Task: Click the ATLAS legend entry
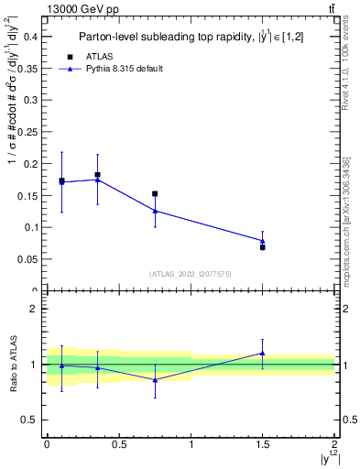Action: (x=99, y=56)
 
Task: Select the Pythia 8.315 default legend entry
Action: (x=123, y=69)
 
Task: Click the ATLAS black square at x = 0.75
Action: (x=155, y=194)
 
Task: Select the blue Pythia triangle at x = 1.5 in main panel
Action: (x=263, y=241)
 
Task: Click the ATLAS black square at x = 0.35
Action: (x=97, y=175)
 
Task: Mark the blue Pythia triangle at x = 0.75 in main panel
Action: (x=155, y=211)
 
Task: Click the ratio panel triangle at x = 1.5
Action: (x=263, y=353)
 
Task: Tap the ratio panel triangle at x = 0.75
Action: (x=155, y=379)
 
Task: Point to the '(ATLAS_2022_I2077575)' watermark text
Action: (x=191, y=274)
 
